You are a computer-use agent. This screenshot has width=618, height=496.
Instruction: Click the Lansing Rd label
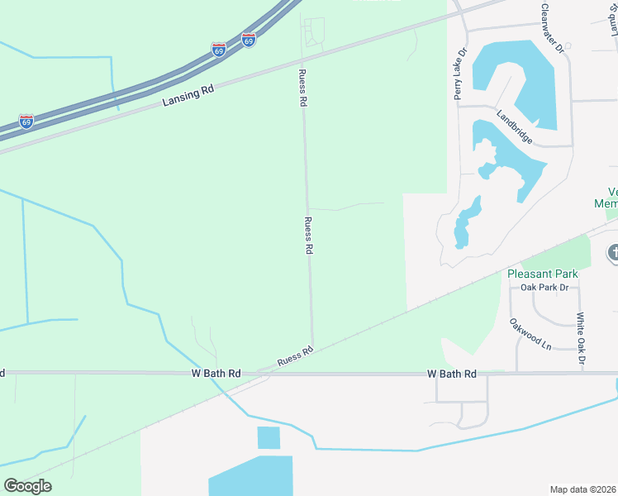tap(188, 93)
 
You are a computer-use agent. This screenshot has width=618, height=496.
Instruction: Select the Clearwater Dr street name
tap(552, 29)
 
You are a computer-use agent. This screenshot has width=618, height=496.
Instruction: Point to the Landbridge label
tap(513, 126)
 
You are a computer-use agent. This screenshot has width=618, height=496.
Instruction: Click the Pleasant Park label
tap(542, 274)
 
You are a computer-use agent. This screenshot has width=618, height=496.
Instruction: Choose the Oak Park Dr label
tap(545, 288)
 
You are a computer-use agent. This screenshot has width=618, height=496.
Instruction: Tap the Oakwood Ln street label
tap(530, 334)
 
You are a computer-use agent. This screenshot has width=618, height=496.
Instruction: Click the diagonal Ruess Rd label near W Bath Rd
tap(296, 356)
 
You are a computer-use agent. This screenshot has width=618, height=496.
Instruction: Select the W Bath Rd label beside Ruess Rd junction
tap(216, 374)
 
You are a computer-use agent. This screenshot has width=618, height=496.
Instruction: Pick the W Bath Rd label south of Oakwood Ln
tap(452, 374)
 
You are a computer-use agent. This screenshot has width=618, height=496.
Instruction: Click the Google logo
tap(27, 486)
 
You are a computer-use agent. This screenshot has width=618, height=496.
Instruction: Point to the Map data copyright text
tap(583, 489)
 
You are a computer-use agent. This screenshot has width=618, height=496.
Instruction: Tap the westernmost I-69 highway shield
tap(26, 122)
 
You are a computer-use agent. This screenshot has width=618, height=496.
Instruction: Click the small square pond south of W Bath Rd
tap(269, 437)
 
